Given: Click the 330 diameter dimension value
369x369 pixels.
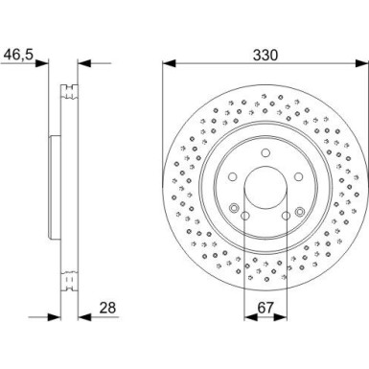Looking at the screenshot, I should (265, 56).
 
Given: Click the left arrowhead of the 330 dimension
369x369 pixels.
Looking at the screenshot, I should (169, 65).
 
